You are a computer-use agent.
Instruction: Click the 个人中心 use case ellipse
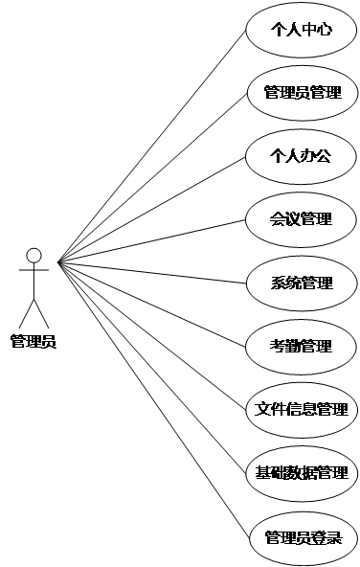tap(302, 30)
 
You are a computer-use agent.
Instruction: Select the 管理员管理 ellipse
tap(302, 93)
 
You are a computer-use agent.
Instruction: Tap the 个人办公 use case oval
tap(302, 156)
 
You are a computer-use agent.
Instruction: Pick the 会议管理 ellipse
tap(302, 219)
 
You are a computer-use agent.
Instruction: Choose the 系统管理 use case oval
tap(302, 283)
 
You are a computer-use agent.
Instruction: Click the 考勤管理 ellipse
tap(302, 346)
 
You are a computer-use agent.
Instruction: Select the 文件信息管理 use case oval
tap(302, 409)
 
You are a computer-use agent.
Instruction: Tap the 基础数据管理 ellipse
tap(302, 472)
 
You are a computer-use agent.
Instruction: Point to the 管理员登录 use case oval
tap(302, 536)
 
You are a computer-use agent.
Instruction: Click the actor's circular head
tap(34, 256)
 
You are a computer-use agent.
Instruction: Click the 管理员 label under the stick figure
tap(34, 340)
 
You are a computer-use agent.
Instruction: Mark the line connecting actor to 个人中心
tap(153, 146)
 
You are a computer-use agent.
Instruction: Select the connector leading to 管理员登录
tap(153, 397)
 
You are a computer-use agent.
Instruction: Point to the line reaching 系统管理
tap(153, 272)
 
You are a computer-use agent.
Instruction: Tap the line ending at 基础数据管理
tap(153, 366)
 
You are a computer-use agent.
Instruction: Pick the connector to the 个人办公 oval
tap(153, 208)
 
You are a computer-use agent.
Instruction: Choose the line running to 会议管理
tap(153, 239)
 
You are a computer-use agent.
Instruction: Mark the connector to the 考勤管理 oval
tap(153, 303)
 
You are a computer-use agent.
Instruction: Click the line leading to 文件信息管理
tap(153, 334)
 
